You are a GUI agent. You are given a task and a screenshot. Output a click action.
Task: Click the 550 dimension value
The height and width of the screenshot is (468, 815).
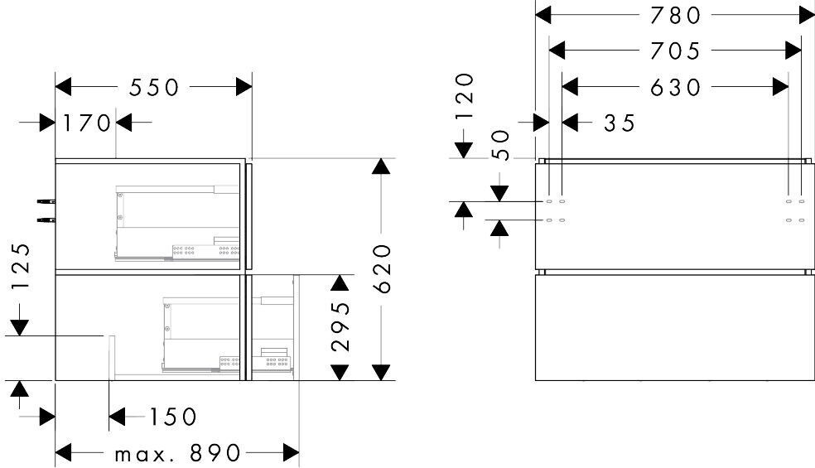tap(154, 87)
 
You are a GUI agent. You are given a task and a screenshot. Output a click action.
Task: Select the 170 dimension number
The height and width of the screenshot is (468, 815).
tap(87, 123)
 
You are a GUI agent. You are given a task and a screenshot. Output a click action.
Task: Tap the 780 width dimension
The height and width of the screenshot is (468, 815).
tap(676, 16)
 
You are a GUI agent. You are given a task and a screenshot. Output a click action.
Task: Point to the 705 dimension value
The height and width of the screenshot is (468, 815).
tap(676, 51)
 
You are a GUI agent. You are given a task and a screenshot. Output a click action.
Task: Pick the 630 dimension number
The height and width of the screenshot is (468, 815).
tap(676, 87)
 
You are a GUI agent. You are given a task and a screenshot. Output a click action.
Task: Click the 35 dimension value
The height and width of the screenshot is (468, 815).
tap(620, 123)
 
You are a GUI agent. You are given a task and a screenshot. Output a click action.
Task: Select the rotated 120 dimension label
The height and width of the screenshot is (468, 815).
tap(465, 97)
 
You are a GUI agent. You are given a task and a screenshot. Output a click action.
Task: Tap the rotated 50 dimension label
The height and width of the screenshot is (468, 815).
tap(500, 146)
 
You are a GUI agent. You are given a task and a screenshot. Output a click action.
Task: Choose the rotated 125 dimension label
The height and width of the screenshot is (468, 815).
tap(19, 266)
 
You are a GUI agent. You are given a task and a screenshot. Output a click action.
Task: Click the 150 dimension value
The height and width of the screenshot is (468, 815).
tap(173, 417)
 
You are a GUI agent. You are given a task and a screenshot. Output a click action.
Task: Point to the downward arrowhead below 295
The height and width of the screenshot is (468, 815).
tap(340, 372)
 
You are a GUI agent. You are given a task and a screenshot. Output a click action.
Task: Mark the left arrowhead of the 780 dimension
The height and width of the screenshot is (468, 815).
tap(543, 16)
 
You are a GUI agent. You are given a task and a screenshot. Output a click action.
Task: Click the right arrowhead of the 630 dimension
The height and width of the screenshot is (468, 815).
tap(781, 87)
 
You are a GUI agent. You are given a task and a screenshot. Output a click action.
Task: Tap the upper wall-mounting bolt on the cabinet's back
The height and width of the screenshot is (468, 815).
tap(46, 200)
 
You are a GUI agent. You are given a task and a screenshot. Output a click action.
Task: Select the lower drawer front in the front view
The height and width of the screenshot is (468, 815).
tap(675, 328)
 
